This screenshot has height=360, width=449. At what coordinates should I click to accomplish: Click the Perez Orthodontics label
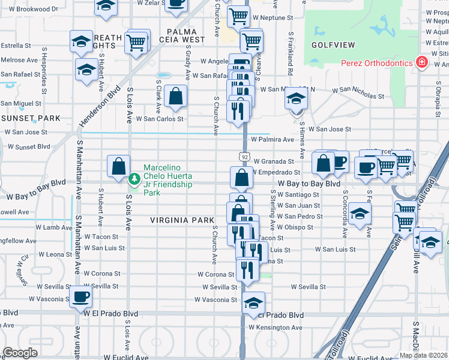click(376, 63)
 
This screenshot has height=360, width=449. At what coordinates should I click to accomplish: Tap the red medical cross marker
click(422, 63)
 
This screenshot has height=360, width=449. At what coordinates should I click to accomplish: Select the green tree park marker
click(135, 178)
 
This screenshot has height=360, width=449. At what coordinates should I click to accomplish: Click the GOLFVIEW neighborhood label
click(333, 45)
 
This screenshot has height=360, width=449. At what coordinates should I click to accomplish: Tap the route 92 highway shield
click(245, 157)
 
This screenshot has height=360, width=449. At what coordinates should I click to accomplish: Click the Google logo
click(20, 353)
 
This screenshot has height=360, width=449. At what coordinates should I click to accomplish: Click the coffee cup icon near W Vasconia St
click(81, 296)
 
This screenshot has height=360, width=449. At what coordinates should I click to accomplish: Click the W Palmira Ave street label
click(273, 139)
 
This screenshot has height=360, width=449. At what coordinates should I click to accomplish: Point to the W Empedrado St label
click(277, 173)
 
